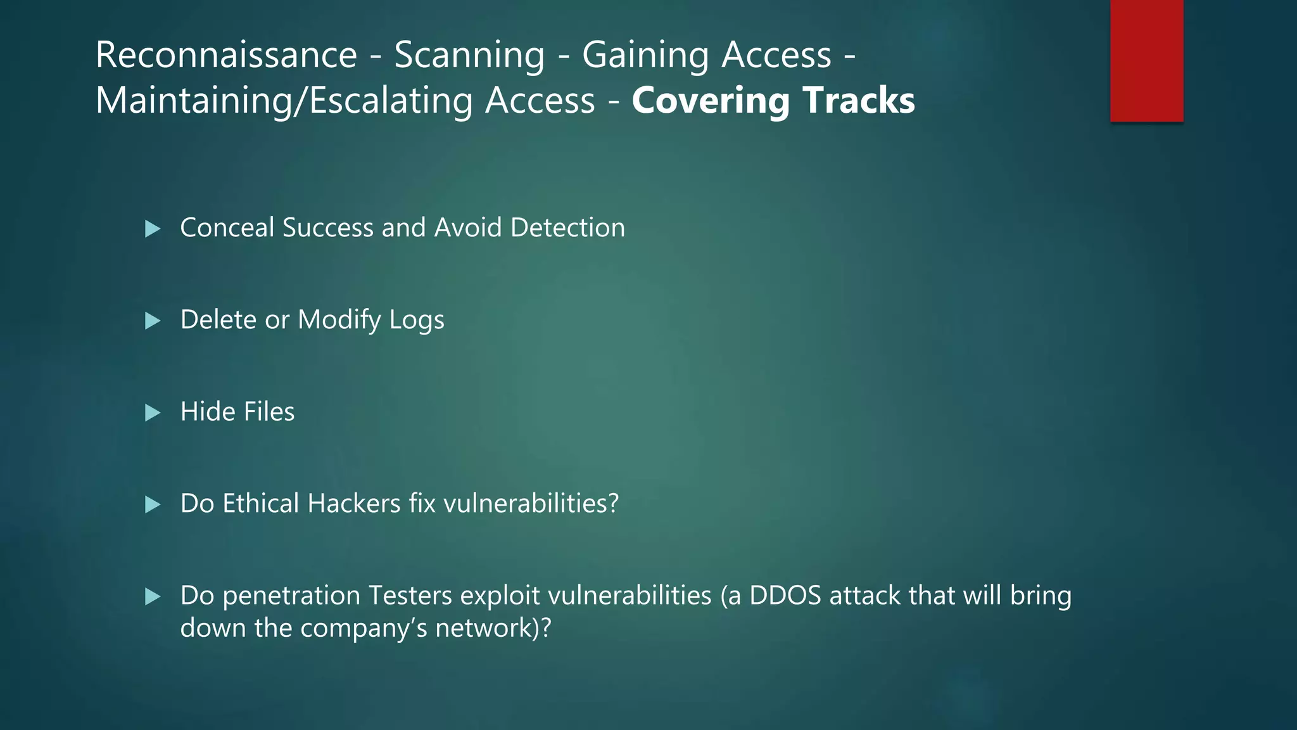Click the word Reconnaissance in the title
point(226,55)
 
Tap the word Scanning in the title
point(469,55)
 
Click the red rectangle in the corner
point(1146,60)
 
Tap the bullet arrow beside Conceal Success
point(153,229)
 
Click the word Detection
point(567,227)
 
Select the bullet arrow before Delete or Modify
point(153,321)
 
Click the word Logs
point(417,320)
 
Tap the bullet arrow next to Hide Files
point(153,413)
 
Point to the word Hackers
point(354,504)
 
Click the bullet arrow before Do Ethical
point(153,505)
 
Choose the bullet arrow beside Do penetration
point(153,597)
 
